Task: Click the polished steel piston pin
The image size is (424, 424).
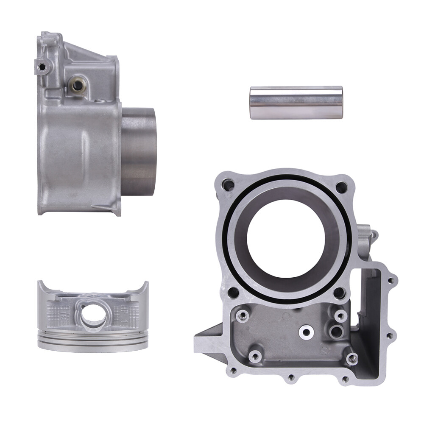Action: tap(296, 103)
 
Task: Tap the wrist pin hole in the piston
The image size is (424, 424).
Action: tap(93, 314)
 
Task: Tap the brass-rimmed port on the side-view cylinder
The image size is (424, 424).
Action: tap(77, 85)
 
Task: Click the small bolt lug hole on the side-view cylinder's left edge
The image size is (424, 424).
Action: tap(41, 67)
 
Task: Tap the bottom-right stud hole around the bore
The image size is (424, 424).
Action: tap(339, 293)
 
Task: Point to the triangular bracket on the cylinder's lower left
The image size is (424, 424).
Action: tap(208, 339)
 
